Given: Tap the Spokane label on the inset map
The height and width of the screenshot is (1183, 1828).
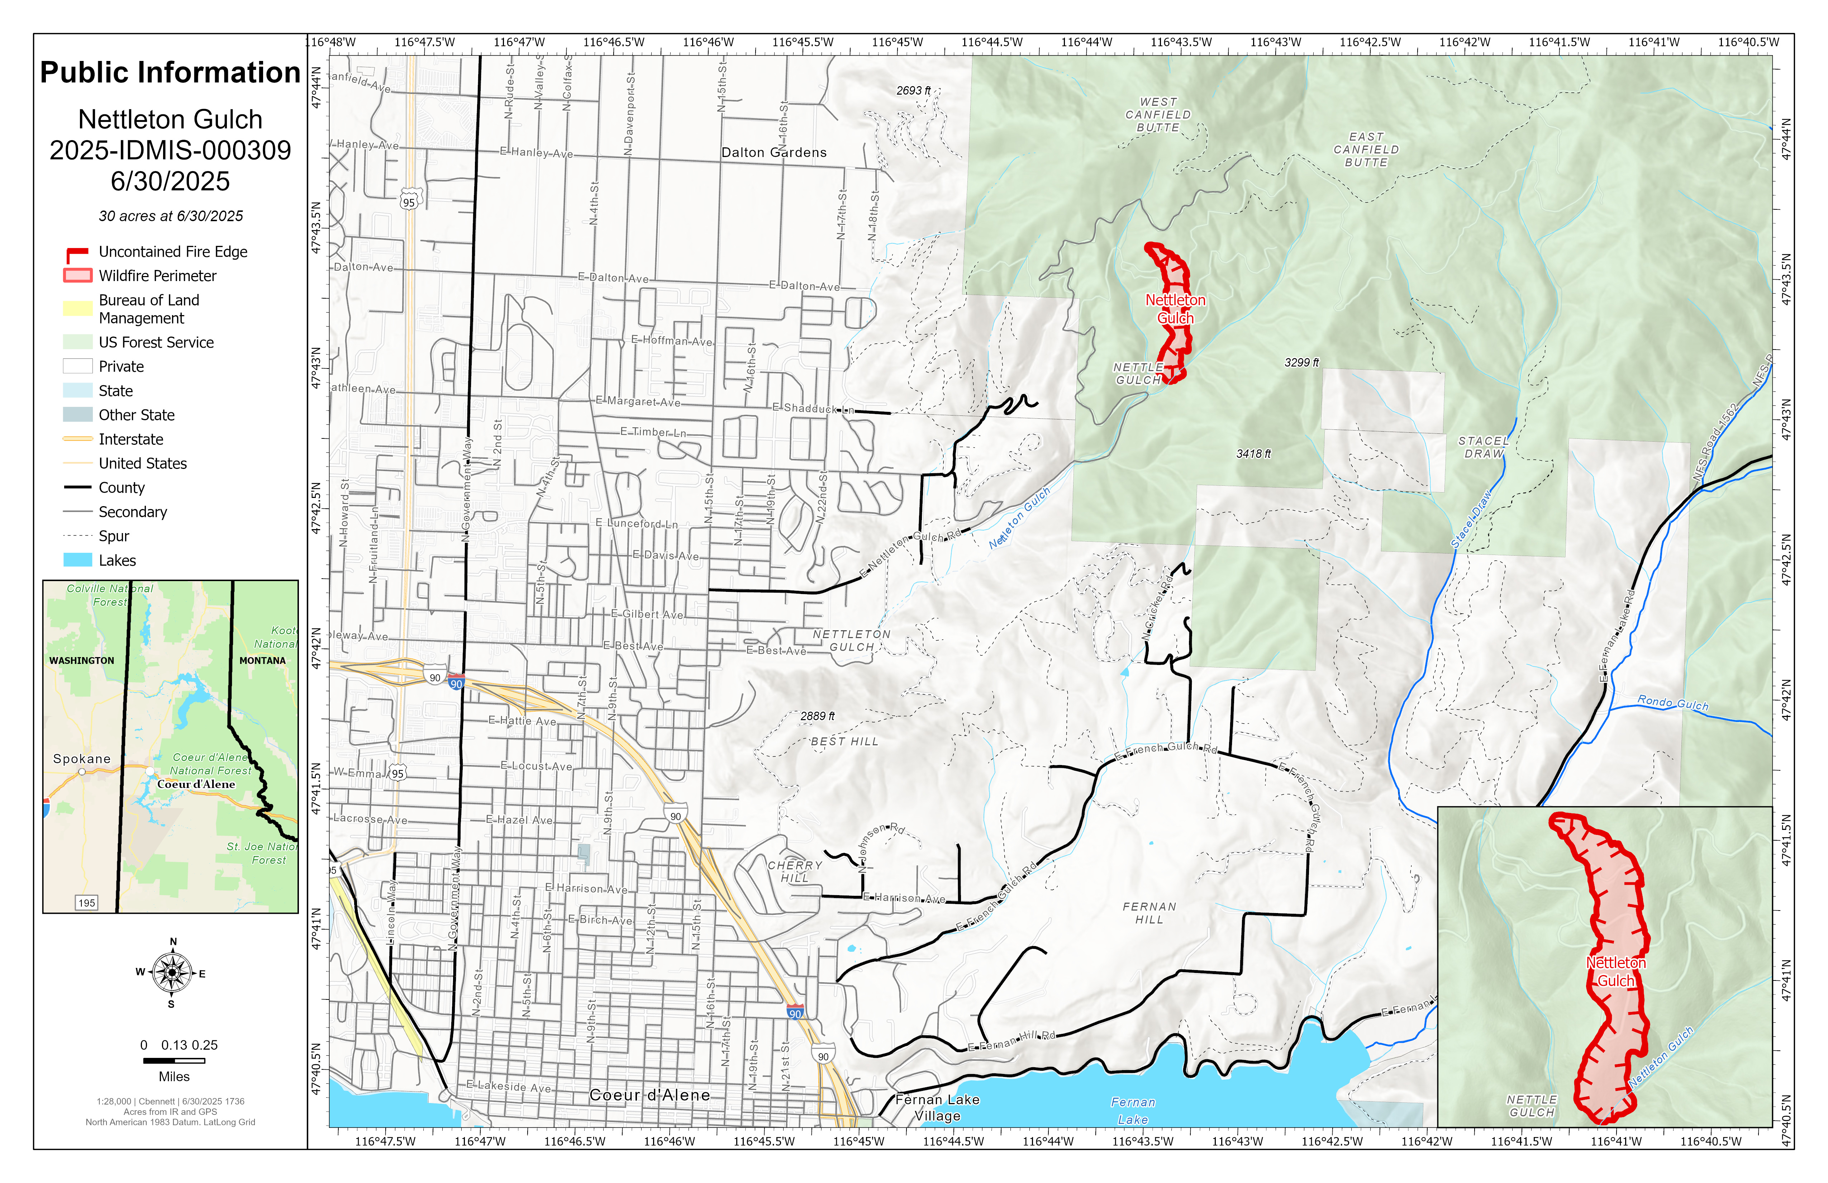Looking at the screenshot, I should point(81,759).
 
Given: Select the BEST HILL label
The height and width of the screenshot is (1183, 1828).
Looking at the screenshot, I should point(844,741).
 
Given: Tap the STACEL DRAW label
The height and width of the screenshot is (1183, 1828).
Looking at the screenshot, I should point(1483,447).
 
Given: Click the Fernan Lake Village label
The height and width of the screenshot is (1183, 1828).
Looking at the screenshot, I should point(937,1108).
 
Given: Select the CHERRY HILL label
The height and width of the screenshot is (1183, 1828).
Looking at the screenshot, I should point(795,871).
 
